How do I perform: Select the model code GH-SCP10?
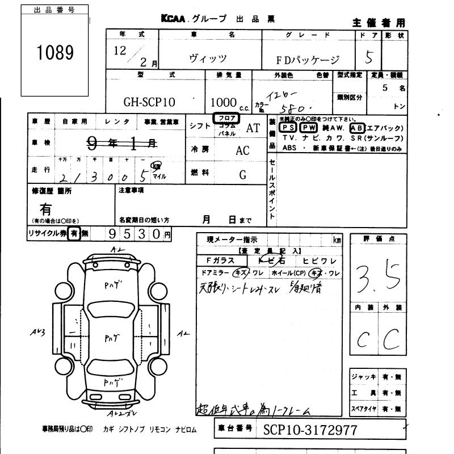point(149,103)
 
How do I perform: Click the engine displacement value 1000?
point(223,103)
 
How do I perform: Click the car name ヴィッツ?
point(208,58)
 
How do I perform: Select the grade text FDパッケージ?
point(308,60)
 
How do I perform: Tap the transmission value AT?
point(253,128)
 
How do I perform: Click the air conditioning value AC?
point(242,151)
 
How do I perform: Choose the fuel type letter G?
point(242,175)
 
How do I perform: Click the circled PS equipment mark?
point(288,128)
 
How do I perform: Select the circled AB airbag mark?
point(358,128)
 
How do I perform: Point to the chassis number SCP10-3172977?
point(310,430)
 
